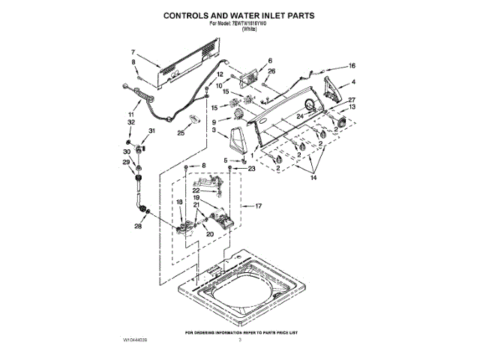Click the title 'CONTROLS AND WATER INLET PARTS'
(x=239, y=14)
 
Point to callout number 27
(x=351, y=100)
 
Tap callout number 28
(x=138, y=226)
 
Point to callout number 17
(x=259, y=205)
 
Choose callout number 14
(x=313, y=178)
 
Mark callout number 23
(x=251, y=169)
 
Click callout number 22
(x=175, y=190)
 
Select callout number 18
(x=179, y=202)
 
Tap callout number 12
(x=220, y=75)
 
